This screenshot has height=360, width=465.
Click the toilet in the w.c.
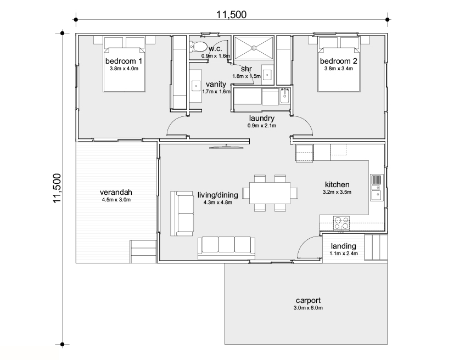coord(198,47)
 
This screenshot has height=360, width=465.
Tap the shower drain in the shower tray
coord(254,48)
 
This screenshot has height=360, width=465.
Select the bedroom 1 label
coord(124,61)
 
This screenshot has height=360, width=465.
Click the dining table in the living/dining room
coord(270,193)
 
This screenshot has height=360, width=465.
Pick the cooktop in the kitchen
coord(341,223)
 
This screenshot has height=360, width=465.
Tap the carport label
coord(308,300)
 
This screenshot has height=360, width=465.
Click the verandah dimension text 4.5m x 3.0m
coord(116,200)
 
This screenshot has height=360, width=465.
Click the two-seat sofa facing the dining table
coord(182,213)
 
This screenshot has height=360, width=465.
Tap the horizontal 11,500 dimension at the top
coord(231,14)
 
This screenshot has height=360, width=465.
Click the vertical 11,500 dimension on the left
coord(57,188)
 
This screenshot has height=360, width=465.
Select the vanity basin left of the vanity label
coord(196,86)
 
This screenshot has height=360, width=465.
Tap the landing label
coord(344,246)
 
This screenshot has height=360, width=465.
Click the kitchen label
coord(337,184)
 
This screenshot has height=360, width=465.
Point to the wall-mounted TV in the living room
coord(227,147)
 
